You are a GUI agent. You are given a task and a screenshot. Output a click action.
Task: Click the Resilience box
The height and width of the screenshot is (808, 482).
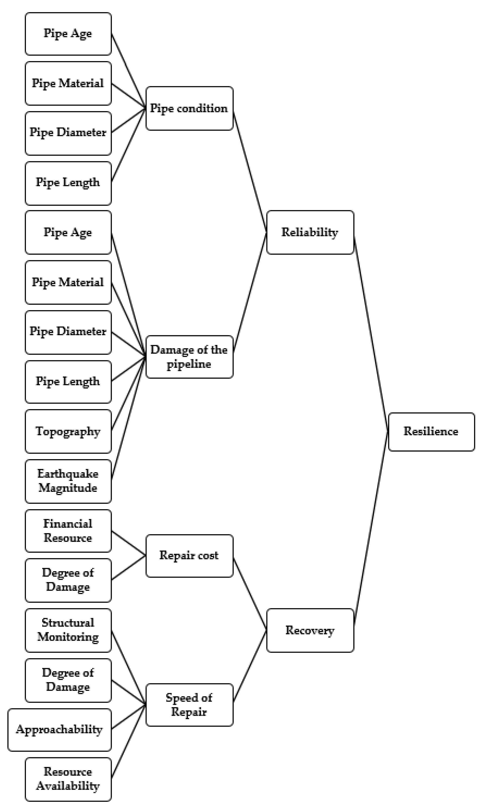pyautogui.click(x=431, y=432)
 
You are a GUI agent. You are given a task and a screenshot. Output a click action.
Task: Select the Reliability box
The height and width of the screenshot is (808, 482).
pyautogui.click(x=310, y=232)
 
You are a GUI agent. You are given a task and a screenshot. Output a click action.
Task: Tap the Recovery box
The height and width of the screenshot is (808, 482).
pyautogui.click(x=310, y=630)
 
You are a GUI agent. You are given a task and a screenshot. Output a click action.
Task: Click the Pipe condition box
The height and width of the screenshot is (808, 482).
pyautogui.click(x=189, y=108)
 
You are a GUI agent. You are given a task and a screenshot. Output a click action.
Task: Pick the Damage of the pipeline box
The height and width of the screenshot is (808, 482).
pyautogui.click(x=189, y=356)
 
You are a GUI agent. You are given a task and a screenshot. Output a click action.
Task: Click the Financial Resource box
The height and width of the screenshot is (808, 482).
pyautogui.click(x=68, y=531)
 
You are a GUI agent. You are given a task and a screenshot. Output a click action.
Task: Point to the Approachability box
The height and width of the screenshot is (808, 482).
pyautogui.click(x=59, y=729)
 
